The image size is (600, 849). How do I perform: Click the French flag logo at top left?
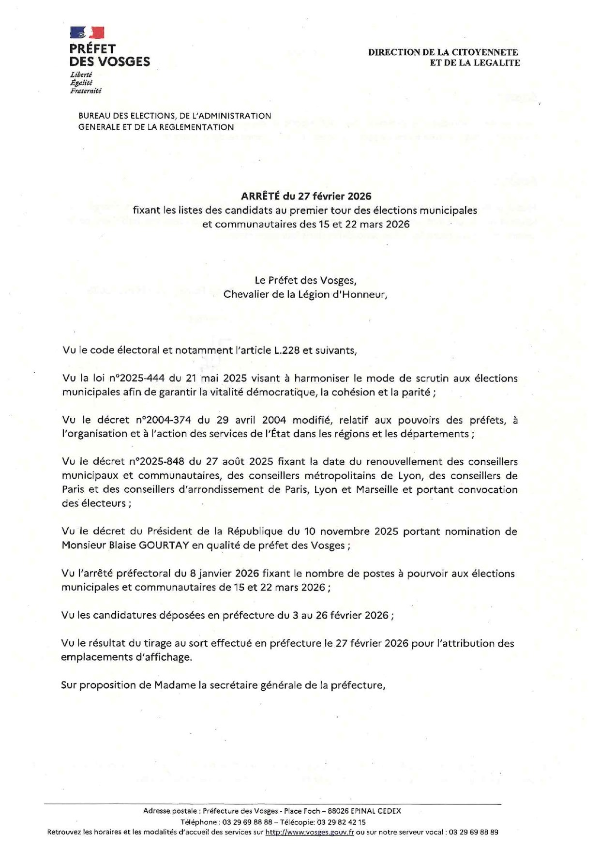tap(87, 32)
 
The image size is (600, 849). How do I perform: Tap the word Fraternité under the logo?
tap(86, 91)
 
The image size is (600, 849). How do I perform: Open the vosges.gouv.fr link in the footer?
tap(310, 832)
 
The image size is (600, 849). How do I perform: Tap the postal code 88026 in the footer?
tap(338, 811)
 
